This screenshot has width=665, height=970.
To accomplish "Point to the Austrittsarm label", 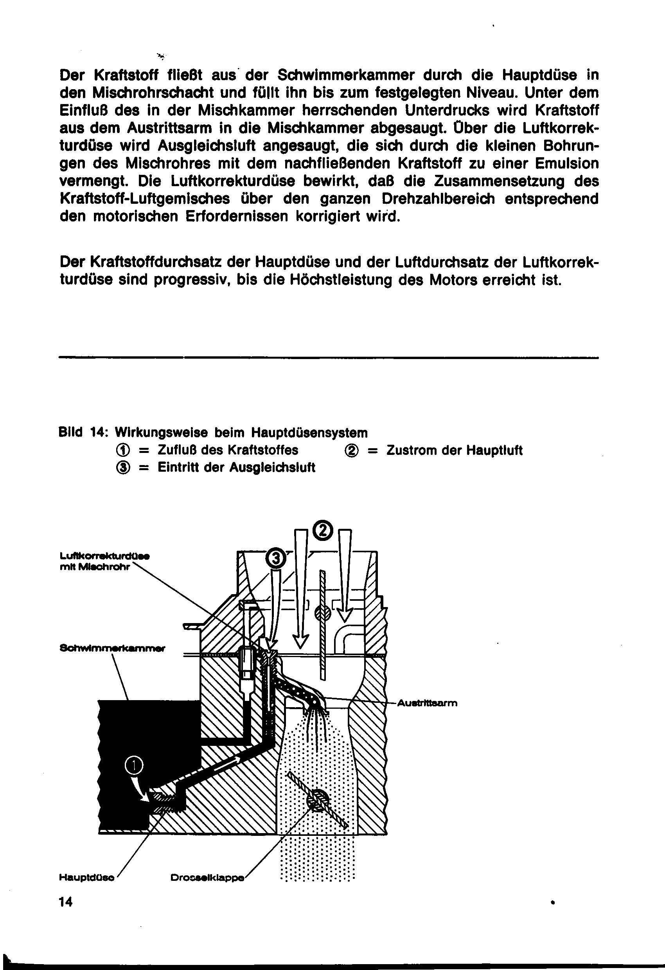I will click(427, 703).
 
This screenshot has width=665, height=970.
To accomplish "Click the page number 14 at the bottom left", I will click(66, 902).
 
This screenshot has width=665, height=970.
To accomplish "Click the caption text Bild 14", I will click(83, 433).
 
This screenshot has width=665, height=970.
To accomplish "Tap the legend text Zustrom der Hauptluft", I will click(454, 450).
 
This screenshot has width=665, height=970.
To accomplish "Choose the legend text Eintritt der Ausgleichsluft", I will click(236, 467).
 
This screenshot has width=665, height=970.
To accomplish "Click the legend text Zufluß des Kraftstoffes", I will click(228, 450).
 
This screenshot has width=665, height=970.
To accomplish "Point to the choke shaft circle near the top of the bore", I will click(322, 613).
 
